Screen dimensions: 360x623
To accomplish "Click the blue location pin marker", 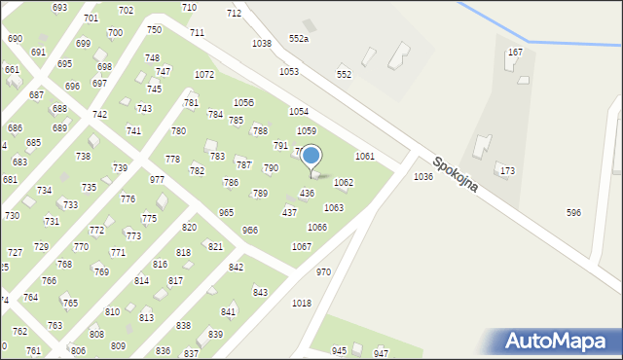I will pyautogui.click(x=311, y=157).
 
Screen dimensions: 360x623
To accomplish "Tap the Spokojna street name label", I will pyautogui.click(x=456, y=174).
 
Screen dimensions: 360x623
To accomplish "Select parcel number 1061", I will pyautogui.click(x=365, y=156).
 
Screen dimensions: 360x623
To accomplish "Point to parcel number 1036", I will pyautogui.click(x=422, y=176).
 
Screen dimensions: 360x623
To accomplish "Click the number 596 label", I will pyautogui.click(x=573, y=212).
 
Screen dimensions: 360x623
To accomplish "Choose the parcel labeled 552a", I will pyautogui.click(x=299, y=38).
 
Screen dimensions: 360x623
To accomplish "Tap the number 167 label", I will pyautogui.click(x=515, y=52).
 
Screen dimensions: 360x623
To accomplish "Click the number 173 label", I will pyautogui.click(x=507, y=171).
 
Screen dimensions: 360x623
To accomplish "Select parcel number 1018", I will pyautogui.click(x=302, y=303).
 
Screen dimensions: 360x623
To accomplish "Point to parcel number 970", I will pyautogui.click(x=323, y=271).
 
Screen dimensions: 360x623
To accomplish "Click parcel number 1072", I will pyautogui.click(x=203, y=75).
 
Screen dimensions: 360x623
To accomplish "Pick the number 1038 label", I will pyautogui.click(x=261, y=44).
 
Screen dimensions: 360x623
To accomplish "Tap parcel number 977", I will pyautogui.click(x=157, y=180).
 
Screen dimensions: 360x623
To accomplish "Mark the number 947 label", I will pyautogui.click(x=381, y=352).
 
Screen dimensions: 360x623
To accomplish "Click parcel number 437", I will pyautogui.click(x=289, y=212).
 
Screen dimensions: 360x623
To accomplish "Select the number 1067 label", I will pyautogui.click(x=302, y=246).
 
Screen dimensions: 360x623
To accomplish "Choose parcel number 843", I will pyautogui.click(x=260, y=292).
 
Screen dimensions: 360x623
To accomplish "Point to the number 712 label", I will pyautogui.click(x=234, y=13).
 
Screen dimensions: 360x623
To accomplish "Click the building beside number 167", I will pyautogui.click(x=511, y=64).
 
